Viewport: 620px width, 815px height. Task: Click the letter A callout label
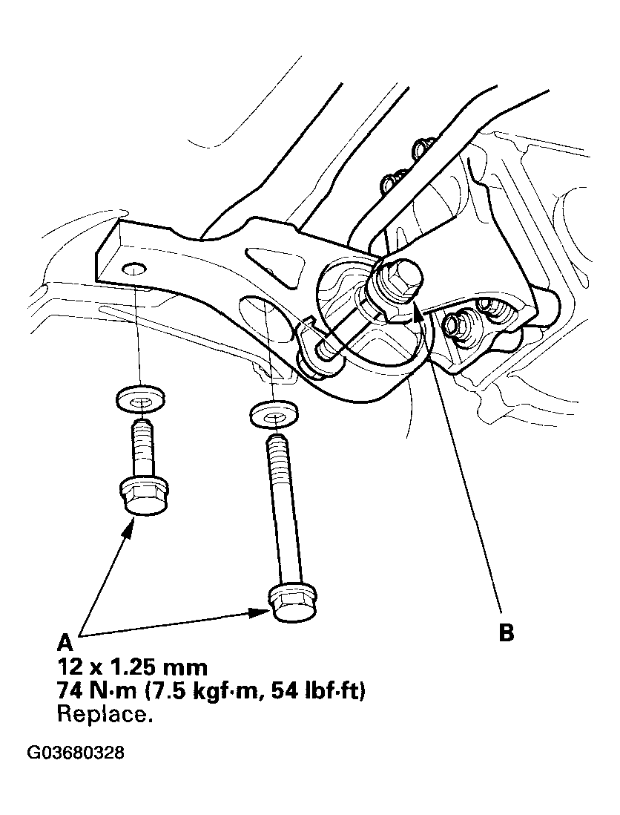pos(65,641)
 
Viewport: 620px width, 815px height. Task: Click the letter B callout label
pos(507,633)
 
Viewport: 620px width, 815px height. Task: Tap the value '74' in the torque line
pos(69,691)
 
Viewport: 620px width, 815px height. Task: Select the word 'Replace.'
pos(105,716)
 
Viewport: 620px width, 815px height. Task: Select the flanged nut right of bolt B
pos(454,325)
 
